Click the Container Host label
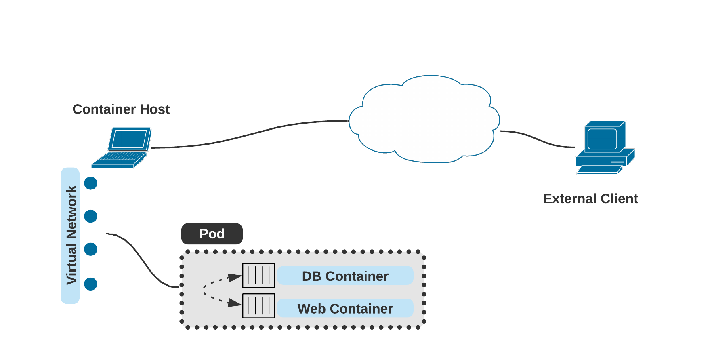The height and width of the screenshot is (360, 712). [x=121, y=109]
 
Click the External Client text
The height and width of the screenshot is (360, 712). [x=590, y=199]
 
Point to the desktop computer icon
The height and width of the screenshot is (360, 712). [x=605, y=148]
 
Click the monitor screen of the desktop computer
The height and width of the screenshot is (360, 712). [x=602, y=139]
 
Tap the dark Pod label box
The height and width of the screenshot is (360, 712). [x=212, y=234]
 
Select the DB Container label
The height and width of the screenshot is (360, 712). [x=345, y=276]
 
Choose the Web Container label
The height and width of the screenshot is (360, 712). [x=345, y=309]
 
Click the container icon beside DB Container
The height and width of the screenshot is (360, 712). [x=258, y=276]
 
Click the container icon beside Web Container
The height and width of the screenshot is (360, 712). [x=258, y=306]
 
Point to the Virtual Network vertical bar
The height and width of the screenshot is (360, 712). [x=70, y=236]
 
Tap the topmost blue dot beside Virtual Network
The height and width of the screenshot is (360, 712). [x=91, y=183]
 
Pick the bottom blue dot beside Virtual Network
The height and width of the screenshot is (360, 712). [x=91, y=284]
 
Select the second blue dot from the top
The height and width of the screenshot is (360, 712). [x=91, y=216]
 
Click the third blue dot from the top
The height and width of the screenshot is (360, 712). [x=91, y=249]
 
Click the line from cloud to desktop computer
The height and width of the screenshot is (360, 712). [x=537, y=139]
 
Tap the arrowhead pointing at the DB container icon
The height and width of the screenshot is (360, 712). [x=235, y=278]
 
